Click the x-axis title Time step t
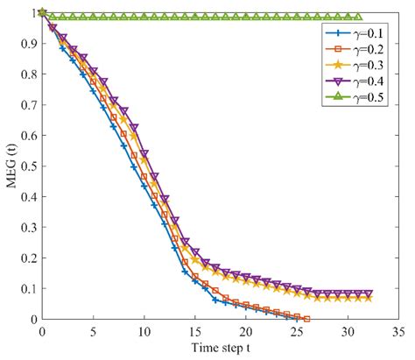tap(219, 349)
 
